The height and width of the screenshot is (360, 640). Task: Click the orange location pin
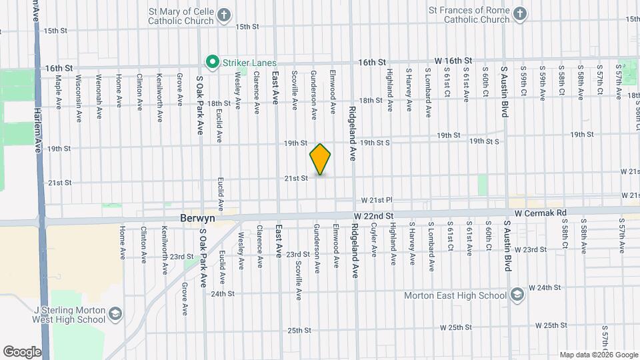(320, 159)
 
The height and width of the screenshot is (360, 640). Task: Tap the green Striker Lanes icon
(213, 63)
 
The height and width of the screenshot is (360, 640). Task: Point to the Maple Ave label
(59, 92)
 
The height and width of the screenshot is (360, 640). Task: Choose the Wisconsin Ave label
(79, 97)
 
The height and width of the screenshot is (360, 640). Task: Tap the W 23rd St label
(530, 250)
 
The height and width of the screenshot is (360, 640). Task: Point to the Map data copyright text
(599, 355)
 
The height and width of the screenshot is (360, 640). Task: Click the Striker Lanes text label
(248, 63)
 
